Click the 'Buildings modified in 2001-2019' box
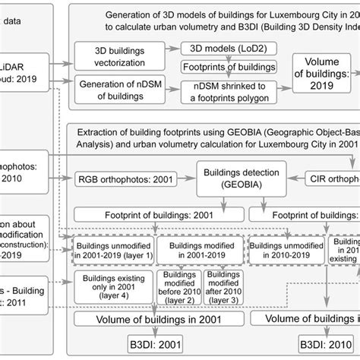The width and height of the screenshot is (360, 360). point(199,249)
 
